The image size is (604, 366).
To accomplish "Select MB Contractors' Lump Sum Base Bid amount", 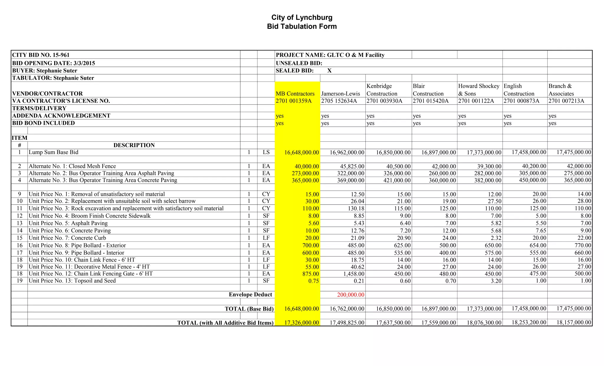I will pyautogui.click(x=301, y=153).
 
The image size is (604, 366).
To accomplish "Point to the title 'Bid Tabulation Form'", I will pyautogui.click(x=302, y=27).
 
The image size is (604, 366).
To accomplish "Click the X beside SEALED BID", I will pyautogui.click(x=329, y=71).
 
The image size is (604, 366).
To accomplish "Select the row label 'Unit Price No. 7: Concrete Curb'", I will pyautogui.click(x=67, y=238).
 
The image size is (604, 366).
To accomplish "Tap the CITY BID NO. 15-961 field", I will pyautogui.click(x=41, y=55).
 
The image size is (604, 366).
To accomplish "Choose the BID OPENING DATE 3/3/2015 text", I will pyautogui.click(x=53, y=63).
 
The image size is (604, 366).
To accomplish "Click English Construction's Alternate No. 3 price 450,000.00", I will pyautogui.click(x=532, y=180).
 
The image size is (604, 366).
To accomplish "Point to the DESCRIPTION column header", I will pyautogui.click(x=134, y=145).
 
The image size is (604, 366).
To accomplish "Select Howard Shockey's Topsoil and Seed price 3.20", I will pyautogui.click(x=496, y=281).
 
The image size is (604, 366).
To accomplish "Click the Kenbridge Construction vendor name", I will pyautogui.click(x=382, y=90).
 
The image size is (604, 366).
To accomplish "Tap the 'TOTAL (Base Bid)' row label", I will pyautogui.click(x=249, y=309).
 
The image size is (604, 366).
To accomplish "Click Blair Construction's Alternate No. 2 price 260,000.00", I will pyautogui.click(x=442, y=173).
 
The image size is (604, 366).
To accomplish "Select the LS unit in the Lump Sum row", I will pyautogui.click(x=266, y=152).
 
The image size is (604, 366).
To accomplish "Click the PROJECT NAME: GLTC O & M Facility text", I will pyautogui.click(x=330, y=55).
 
